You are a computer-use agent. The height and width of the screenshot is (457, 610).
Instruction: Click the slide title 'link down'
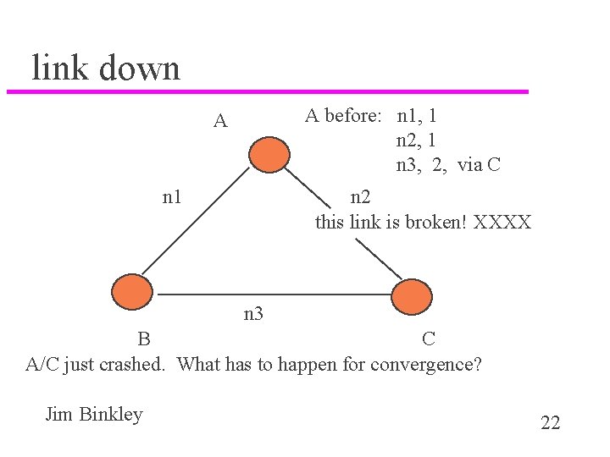pyautogui.click(x=106, y=68)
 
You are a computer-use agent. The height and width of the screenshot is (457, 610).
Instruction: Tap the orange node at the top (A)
pyautogui.click(x=269, y=154)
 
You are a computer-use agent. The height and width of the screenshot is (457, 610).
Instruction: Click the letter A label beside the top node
pyautogui.click(x=220, y=122)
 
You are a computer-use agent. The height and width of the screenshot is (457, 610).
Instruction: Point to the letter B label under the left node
pyautogui.click(x=145, y=339)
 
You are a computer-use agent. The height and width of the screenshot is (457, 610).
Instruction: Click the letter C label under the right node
pyautogui.click(x=430, y=339)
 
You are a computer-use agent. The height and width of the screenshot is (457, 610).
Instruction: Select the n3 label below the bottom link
pyautogui.click(x=253, y=315)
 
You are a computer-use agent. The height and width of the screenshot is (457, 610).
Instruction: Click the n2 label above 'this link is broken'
pyautogui.click(x=360, y=198)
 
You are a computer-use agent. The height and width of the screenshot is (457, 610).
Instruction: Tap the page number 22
pyautogui.click(x=550, y=423)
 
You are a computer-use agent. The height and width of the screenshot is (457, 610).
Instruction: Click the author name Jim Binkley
pyautogui.click(x=94, y=414)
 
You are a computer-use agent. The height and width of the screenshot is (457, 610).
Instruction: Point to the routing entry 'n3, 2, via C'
pyautogui.click(x=448, y=164)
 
